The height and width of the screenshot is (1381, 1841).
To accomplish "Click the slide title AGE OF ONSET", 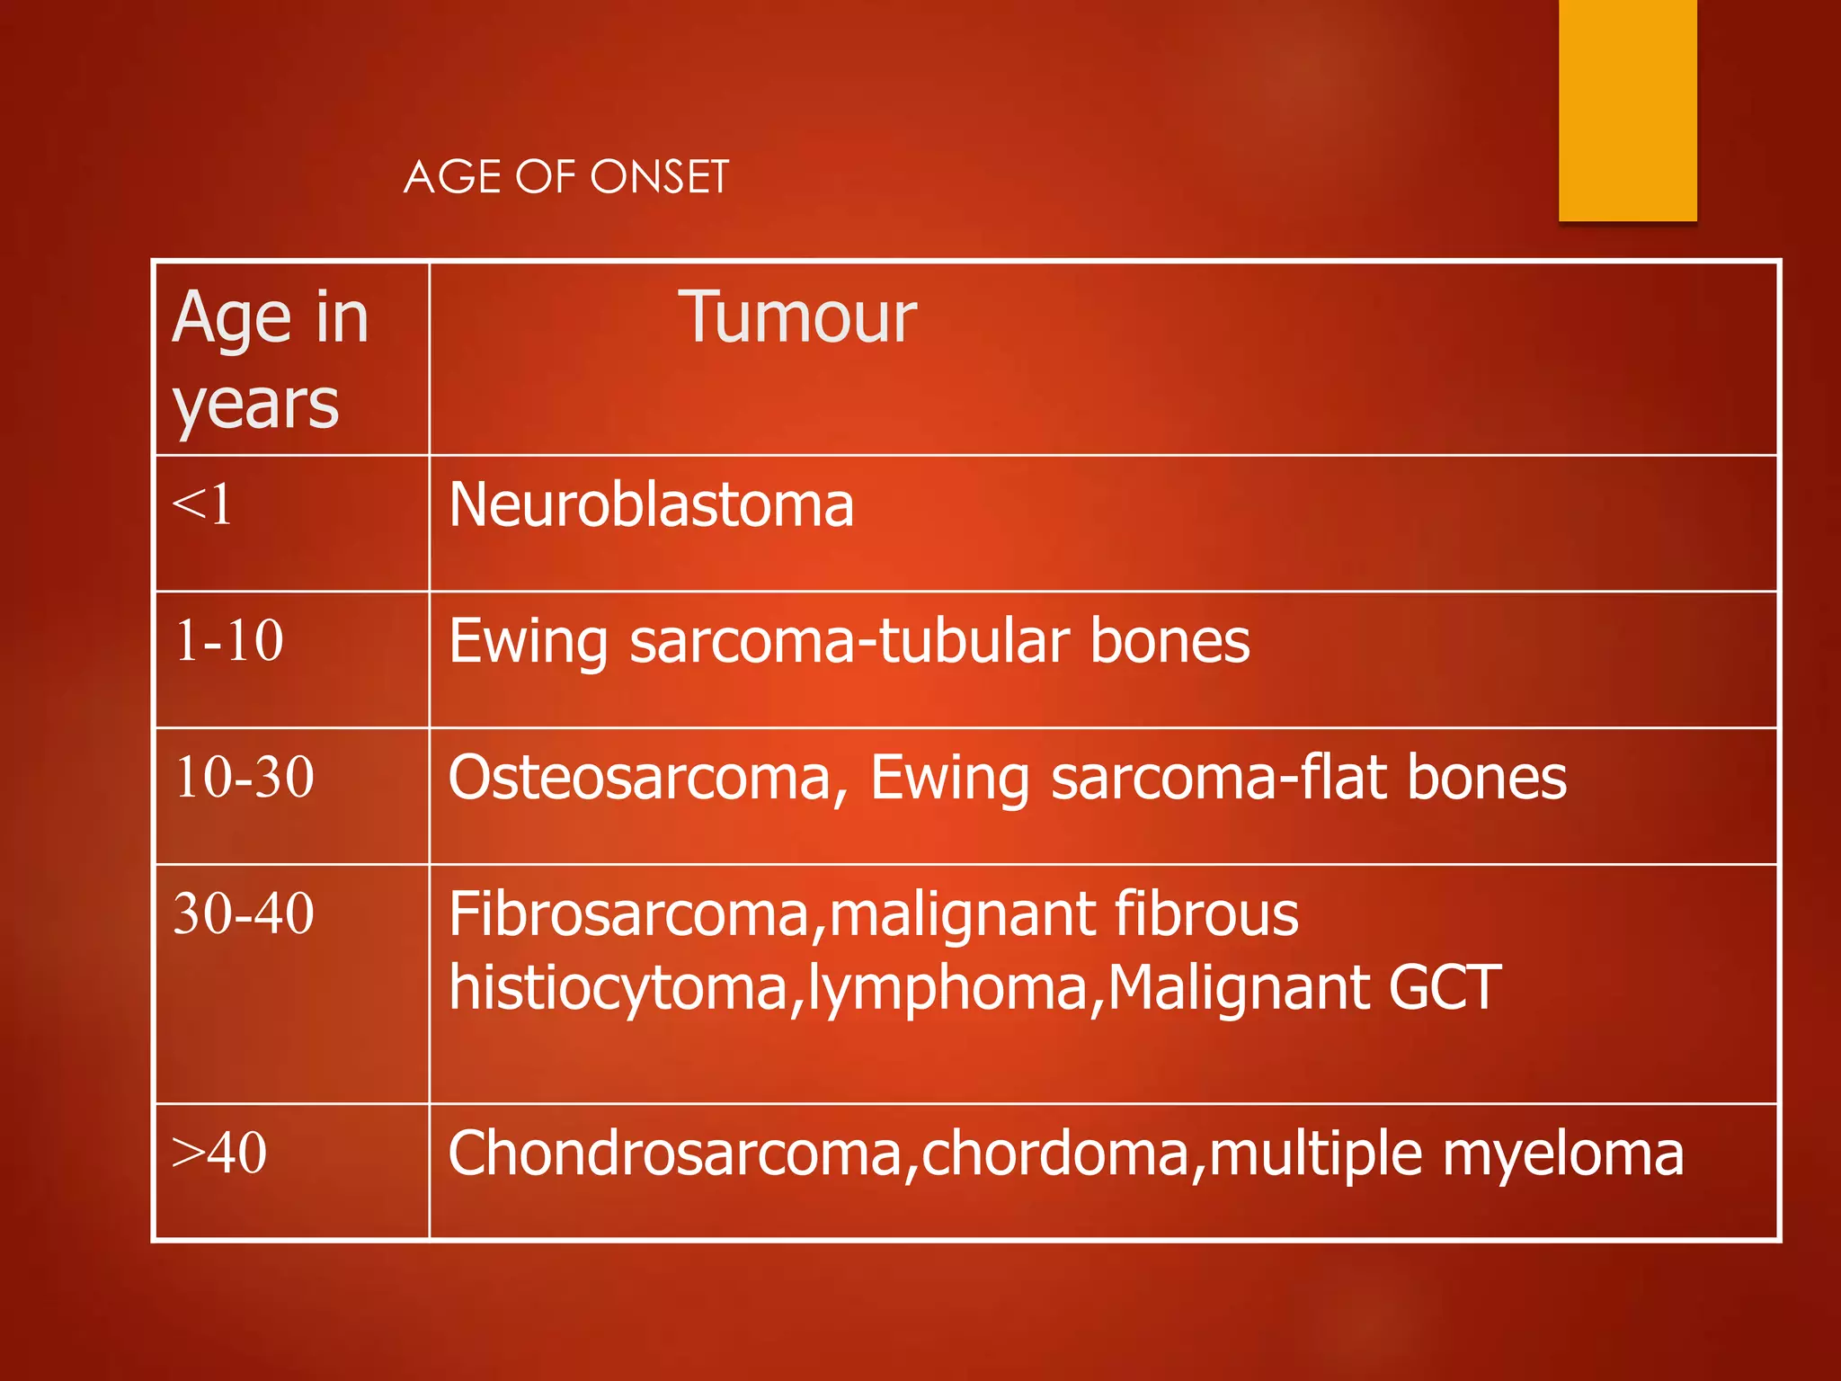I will (566, 176).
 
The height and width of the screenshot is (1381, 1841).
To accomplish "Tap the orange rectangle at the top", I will (1627, 110).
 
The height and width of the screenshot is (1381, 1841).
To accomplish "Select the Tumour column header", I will (796, 317).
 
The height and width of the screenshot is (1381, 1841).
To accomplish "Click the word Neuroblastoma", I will (651, 504).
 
